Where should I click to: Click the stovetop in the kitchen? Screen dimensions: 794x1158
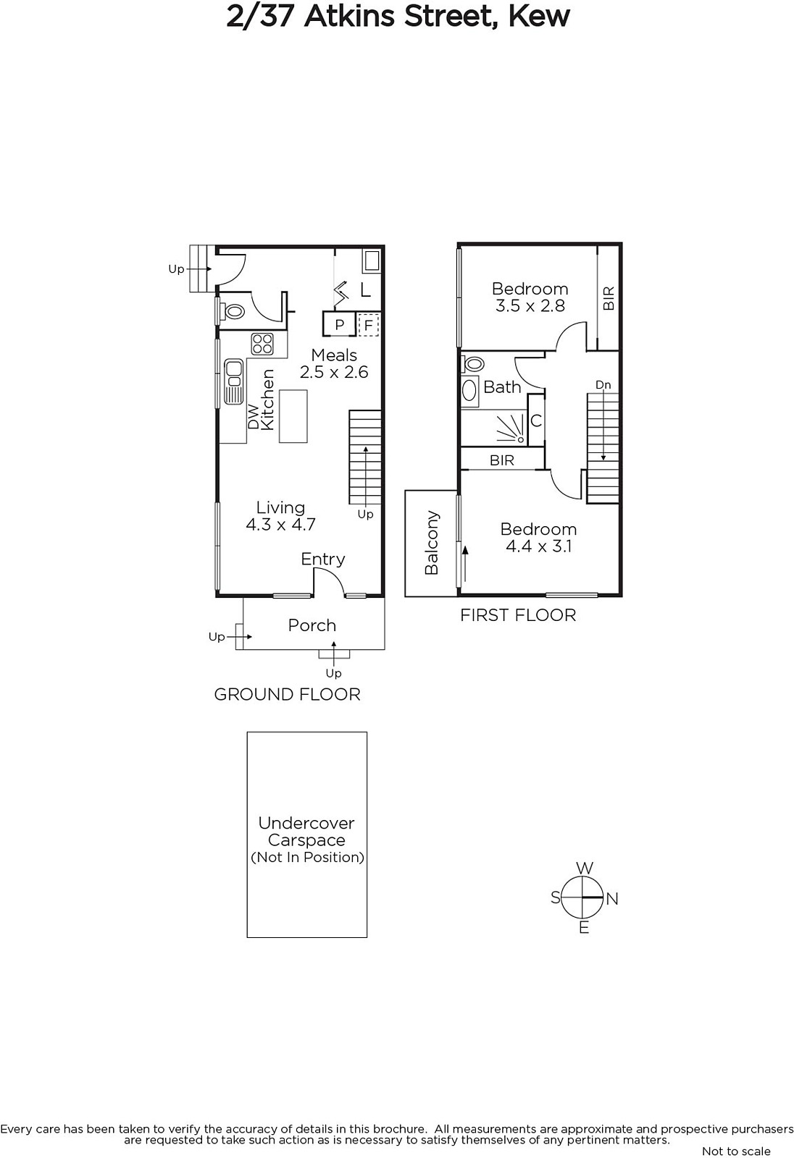click(x=262, y=345)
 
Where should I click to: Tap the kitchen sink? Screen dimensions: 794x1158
click(x=233, y=381)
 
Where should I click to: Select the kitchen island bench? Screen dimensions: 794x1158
click(x=293, y=416)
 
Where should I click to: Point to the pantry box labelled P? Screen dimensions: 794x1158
click(x=339, y=324)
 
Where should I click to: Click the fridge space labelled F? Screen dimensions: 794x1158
click(x=369, y=325)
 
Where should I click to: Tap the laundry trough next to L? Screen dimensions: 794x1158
click(x=371, y=261)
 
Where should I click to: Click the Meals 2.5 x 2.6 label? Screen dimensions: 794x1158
click(x=334, y=363)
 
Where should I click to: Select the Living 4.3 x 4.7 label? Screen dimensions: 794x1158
click(x=280, y=516)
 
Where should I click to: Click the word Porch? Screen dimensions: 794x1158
click(x=312, y=625)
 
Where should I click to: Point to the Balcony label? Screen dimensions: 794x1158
click(x=432, y=543)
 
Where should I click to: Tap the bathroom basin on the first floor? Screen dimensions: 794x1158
click(x=469, y=390)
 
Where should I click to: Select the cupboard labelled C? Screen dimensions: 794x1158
click(x=535, y=420)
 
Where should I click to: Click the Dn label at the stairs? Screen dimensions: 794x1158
click(x=603, y=384)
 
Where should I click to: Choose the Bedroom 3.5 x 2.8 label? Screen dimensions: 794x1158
click(x=530, y=297)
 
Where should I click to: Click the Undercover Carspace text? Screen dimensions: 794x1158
click(x=306, y=832)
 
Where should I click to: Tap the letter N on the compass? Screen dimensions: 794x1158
click(x=612, y=899)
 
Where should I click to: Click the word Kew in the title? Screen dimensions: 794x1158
click(x=539, y=17)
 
